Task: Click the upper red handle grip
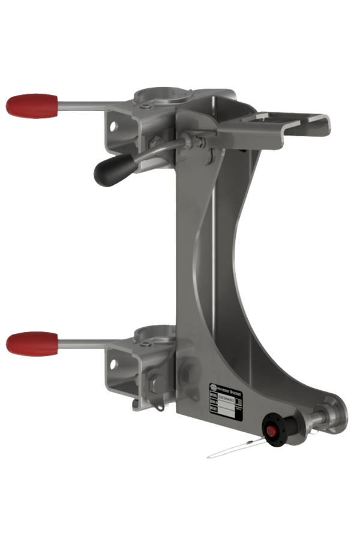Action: pos(31,106)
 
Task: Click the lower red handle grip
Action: pos(31,343)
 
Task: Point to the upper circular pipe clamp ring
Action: pos(155,96)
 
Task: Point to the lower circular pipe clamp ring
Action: pos(154,333)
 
